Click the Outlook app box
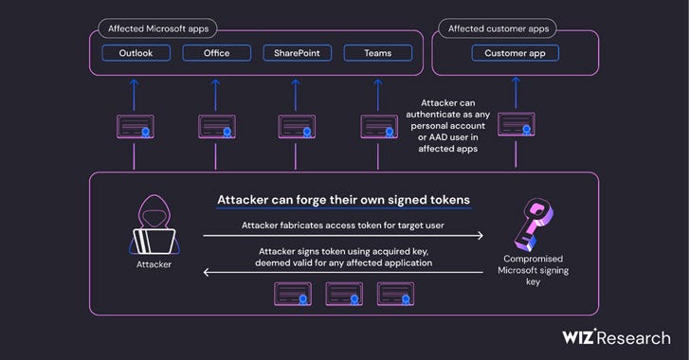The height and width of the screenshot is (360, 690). pos(142,53)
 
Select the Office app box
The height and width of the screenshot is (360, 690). pos(216,53)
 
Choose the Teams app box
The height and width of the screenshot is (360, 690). pos(376,53)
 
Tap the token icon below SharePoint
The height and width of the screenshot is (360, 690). pos(297,126)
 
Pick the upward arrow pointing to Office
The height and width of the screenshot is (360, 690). pos(216,92)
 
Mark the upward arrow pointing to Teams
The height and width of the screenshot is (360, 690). pos(377,92)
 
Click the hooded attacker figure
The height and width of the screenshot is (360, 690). pos(153,226)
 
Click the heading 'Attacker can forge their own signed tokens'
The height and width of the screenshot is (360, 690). pos(344,201)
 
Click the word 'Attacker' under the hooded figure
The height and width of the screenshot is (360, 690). pos(153,264)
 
